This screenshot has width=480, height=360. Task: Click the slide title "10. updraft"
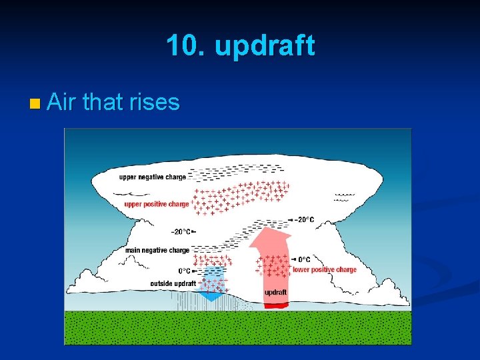coord(240,46)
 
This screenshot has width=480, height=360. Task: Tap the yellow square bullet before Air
coord(35,103)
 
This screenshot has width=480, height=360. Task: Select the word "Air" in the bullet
coord(62,102)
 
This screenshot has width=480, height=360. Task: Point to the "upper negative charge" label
coord(152,177)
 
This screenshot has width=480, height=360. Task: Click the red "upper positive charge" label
coord(157,204)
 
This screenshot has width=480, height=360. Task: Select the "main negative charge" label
coord(157,250)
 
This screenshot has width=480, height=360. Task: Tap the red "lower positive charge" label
coord(325,269)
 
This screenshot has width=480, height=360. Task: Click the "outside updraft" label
coord(173,284)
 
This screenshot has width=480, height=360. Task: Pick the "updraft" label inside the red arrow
coord(276,293)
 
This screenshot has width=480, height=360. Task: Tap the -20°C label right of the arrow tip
coord(304,219)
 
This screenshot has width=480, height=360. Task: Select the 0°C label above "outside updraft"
coord(184,271)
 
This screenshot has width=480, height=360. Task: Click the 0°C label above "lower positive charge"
coord(303,259)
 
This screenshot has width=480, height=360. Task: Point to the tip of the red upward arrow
coord(271,228)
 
